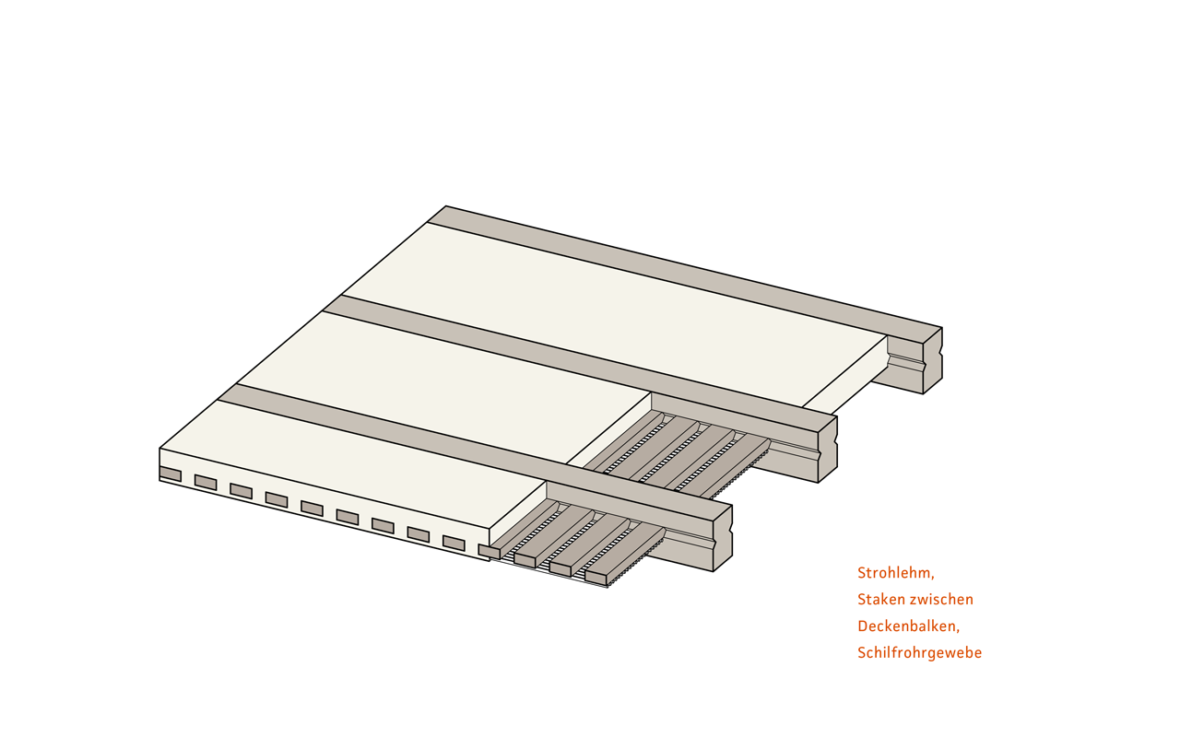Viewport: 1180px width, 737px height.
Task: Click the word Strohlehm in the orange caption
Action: tap(894, 573)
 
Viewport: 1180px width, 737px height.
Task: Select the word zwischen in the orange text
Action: tap(945, 600)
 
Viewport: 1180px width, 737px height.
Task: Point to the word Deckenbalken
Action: tap(907, 626)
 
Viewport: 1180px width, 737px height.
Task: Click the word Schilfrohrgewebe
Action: tap(920, 653)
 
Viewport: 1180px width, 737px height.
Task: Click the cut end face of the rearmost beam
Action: tap(932, 360)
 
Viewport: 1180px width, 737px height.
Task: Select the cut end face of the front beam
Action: tap(723, 538)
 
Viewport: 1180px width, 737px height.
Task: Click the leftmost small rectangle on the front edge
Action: tap(171, 474)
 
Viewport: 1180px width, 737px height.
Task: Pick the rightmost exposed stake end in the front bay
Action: tap(596, 578)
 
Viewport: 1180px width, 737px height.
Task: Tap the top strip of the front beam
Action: tap(474, 452)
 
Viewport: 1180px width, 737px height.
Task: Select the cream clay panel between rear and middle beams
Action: tap(614, 315)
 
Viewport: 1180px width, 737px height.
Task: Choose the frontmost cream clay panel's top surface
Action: tap(353, 464)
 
